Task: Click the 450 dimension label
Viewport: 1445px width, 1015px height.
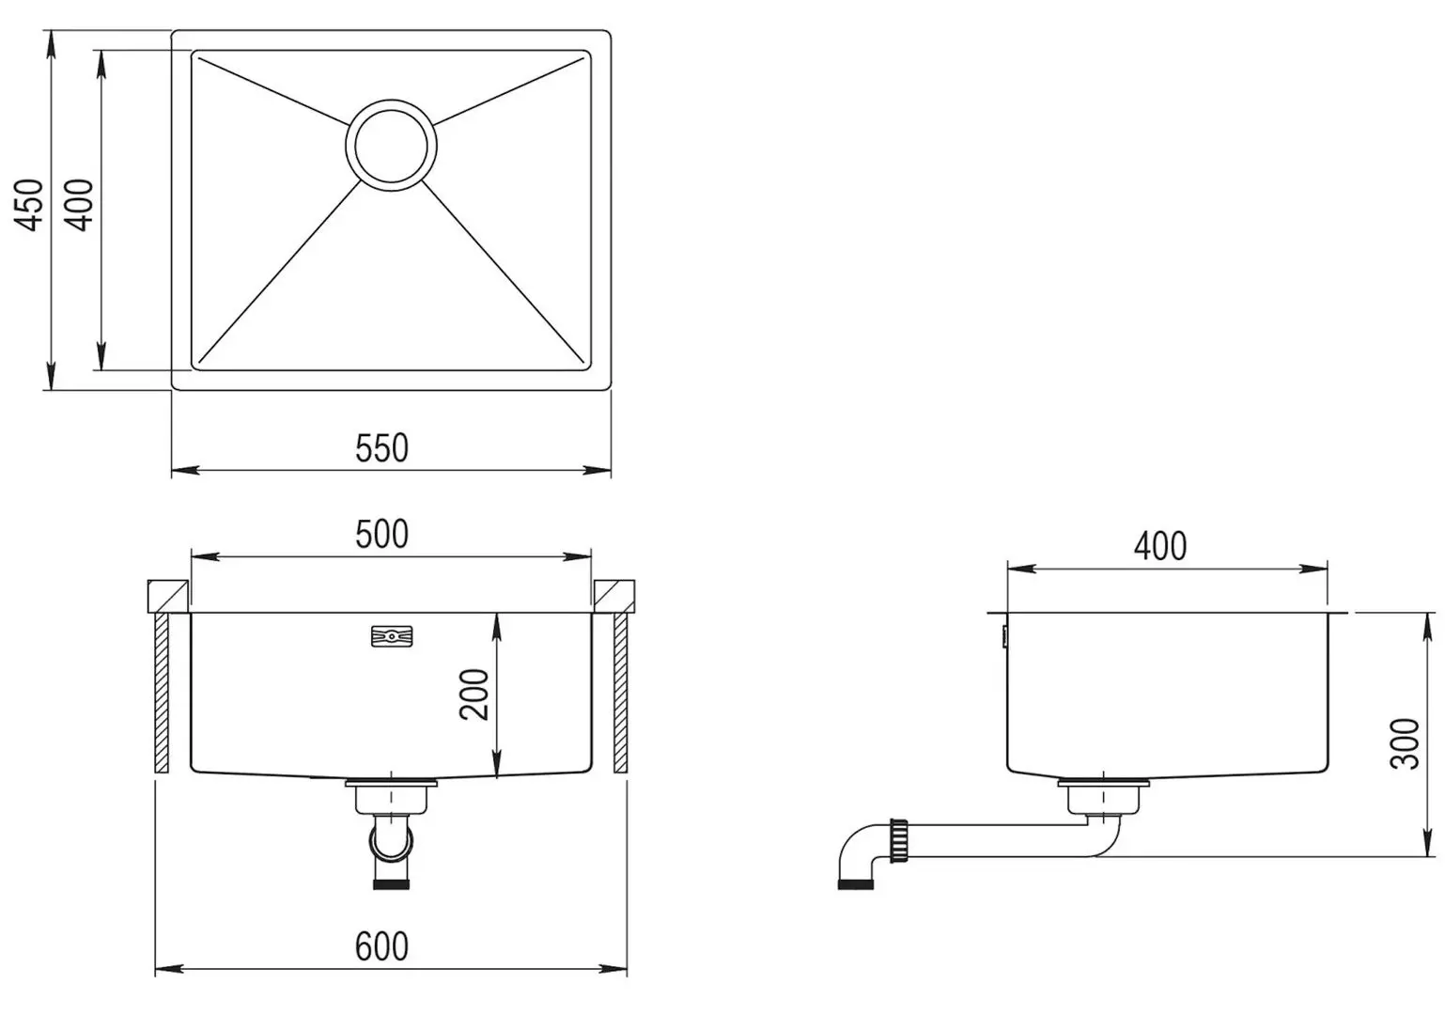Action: pos(29,205)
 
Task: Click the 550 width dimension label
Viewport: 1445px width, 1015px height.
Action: pos(381,447)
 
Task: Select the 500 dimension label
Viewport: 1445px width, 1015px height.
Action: pos(381,534)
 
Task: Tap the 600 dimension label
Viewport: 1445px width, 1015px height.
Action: pos(381,946)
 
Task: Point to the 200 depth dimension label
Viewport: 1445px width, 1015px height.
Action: pos(474,695)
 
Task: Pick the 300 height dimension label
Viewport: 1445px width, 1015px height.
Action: pos(1405,743)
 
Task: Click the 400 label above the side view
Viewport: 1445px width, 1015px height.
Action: pos(1160,546)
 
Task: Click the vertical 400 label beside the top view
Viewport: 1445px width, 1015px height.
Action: pos(79,205)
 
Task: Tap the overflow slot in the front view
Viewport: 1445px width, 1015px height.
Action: pos(392,636)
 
